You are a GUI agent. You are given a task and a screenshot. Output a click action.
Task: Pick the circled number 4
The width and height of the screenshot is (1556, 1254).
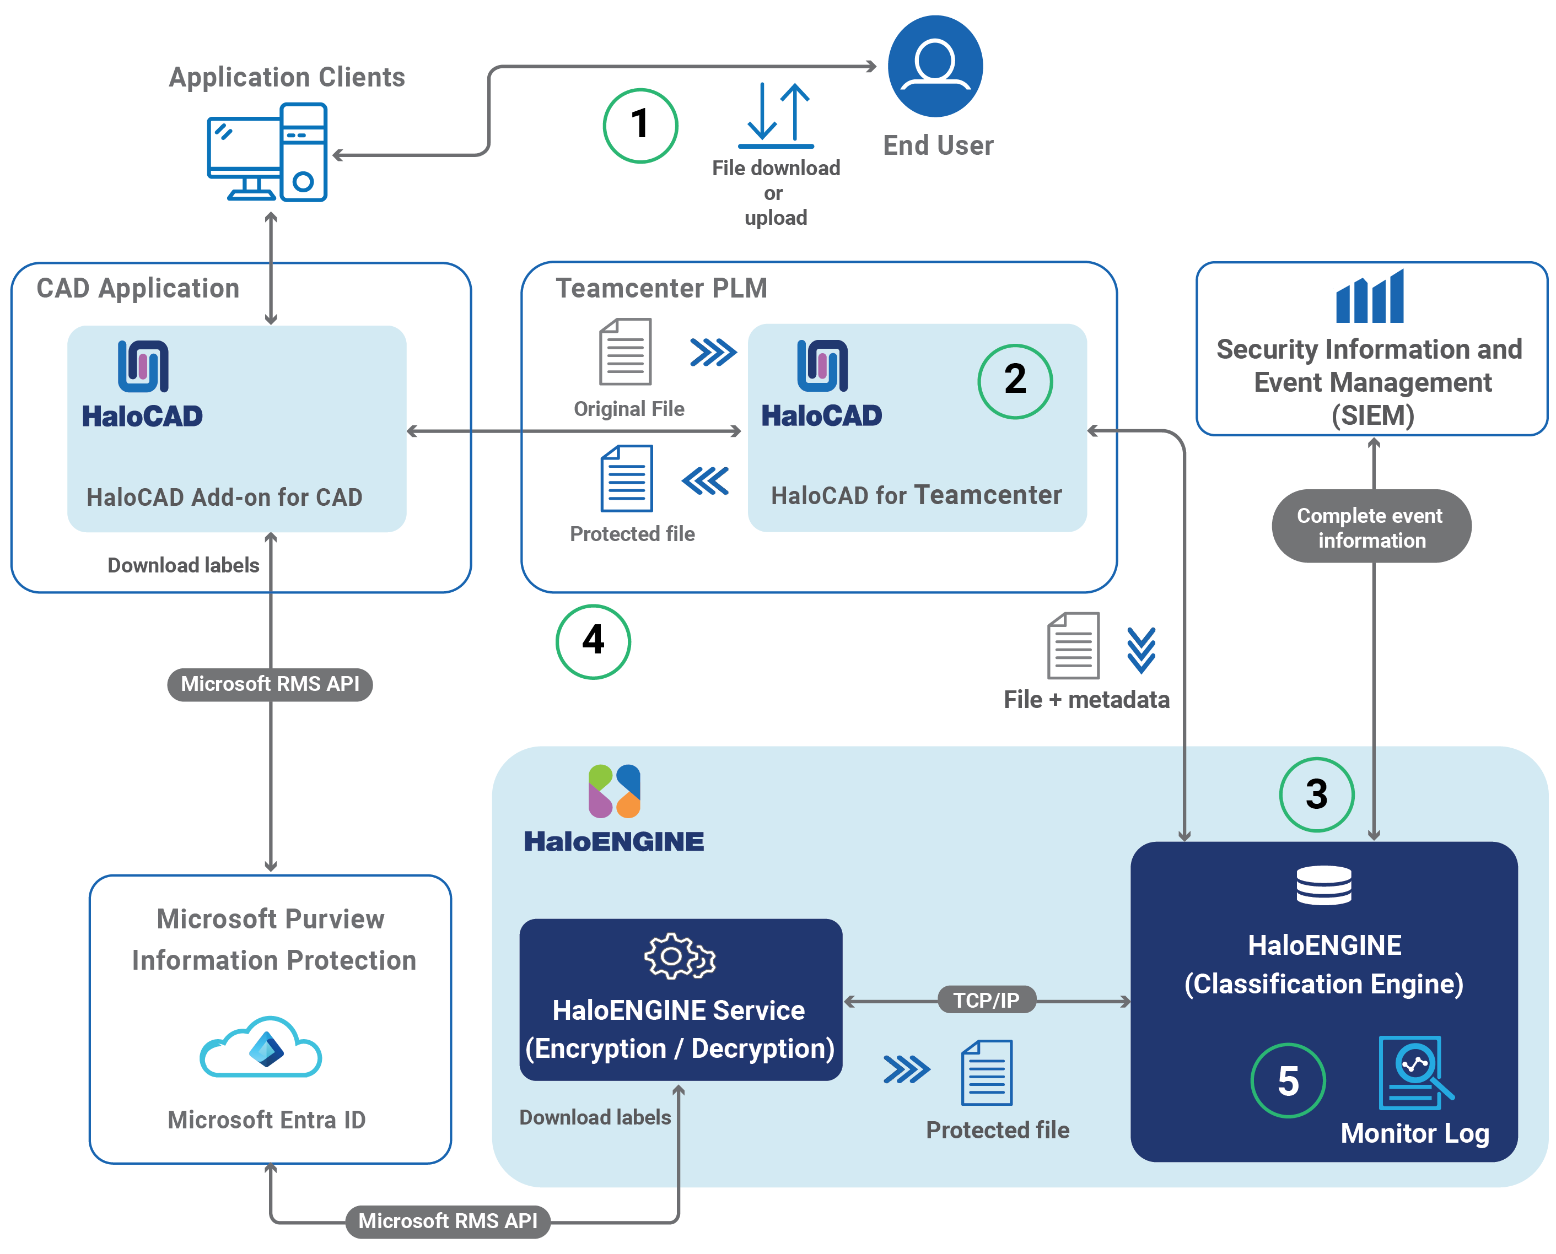point(593,641)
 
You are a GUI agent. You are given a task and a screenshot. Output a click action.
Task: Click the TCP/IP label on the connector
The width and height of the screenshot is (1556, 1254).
point(986,1000)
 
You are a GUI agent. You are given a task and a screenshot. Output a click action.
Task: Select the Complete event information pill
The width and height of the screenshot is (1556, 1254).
point(1370,527)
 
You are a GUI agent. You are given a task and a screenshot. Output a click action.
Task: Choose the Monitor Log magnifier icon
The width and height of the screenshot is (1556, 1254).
point(1414,1072)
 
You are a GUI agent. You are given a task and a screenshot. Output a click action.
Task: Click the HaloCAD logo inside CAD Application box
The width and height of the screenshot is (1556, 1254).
point(143,366)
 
